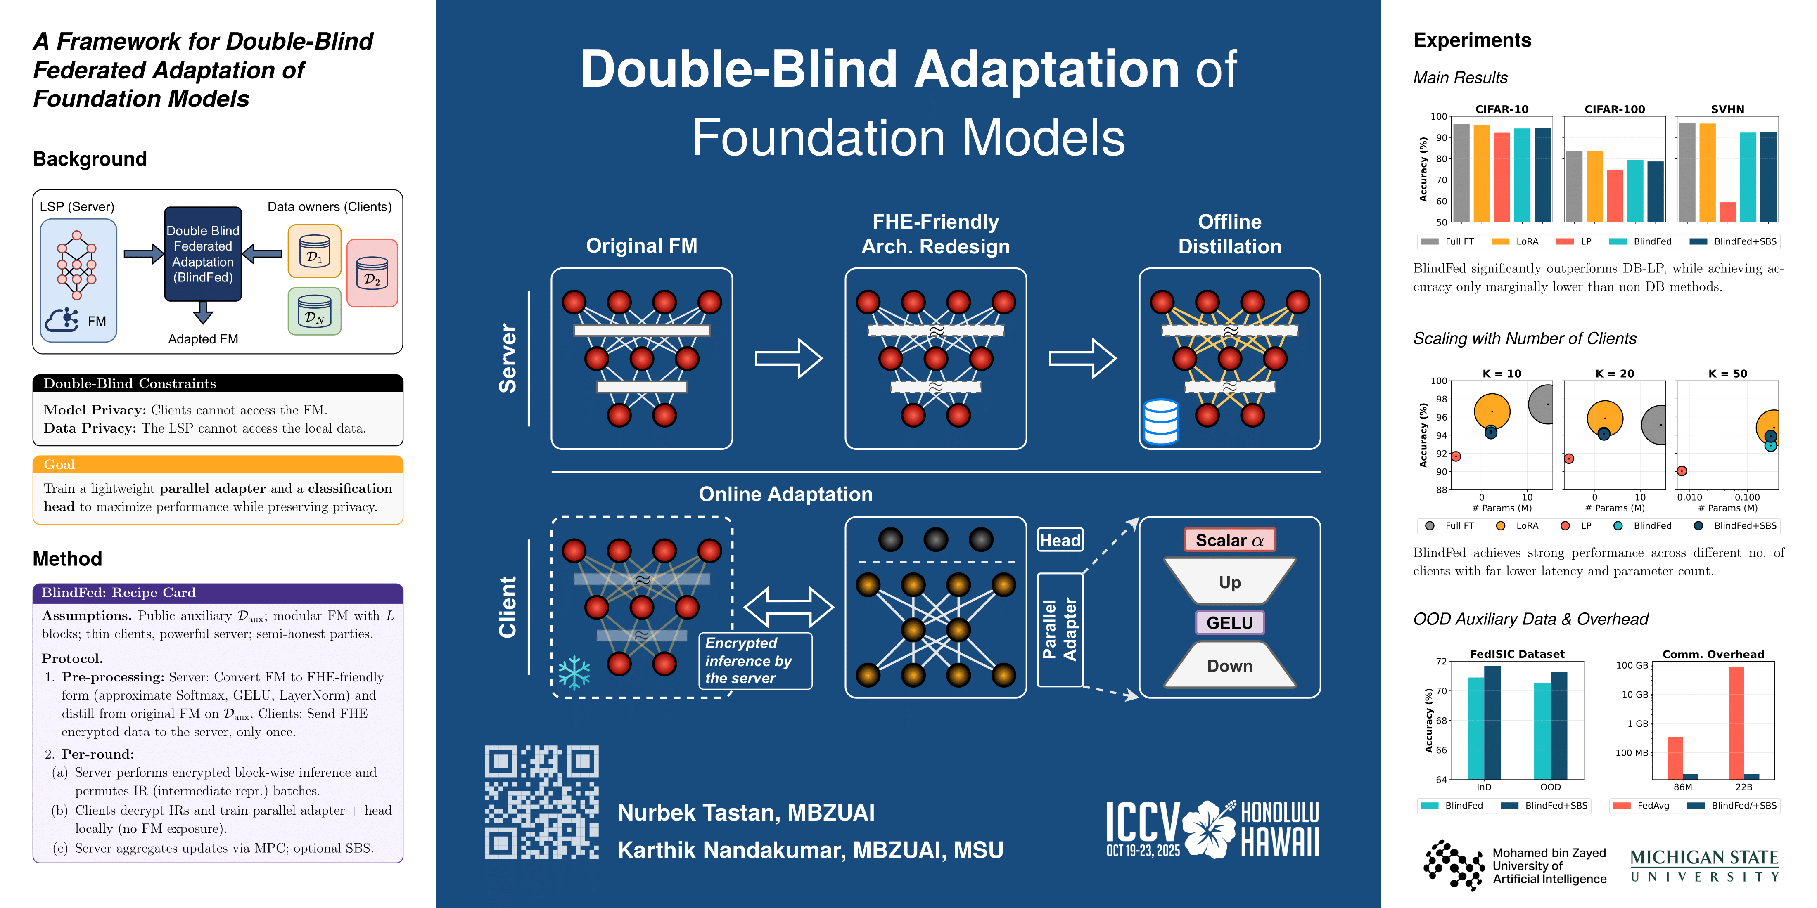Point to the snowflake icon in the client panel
574,673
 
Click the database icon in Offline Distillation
1160,421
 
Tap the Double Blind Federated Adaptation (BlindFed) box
203,254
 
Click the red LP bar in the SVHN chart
1727,211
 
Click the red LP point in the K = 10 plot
1455,456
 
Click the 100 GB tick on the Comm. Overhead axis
1632,665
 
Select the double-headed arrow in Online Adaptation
789,607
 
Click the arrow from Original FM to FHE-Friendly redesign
789,358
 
